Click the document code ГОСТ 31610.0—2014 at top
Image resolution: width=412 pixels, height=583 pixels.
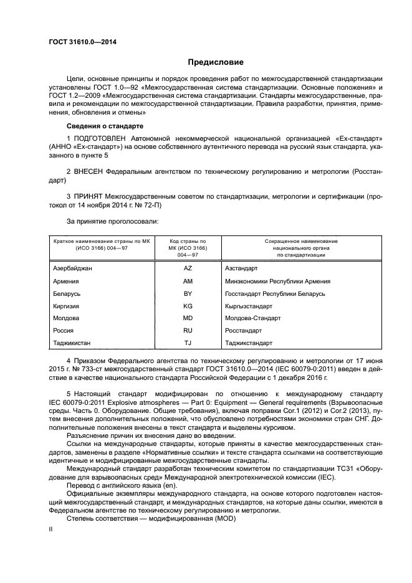[x=82, y=42]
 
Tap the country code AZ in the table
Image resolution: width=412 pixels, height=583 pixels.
[x=188, y=268]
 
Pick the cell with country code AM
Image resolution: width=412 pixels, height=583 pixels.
[x=188, y=281]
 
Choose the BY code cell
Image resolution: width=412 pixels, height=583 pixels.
[x=188, y=293]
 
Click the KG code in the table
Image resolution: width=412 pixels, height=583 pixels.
[x=188, y=306]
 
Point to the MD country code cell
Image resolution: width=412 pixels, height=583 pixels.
[x=188, y=318]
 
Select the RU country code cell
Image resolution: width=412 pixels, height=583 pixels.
[x=188, y=330]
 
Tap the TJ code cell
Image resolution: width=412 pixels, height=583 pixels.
[x=188, y=343]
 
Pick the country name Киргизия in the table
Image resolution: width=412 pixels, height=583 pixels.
[x=68, y=306]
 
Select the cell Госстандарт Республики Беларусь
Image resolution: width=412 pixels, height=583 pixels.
[x=275, y=293]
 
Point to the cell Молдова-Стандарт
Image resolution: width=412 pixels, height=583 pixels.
[x=253, y=318]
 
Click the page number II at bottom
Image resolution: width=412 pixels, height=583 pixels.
[x=52, y=529]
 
